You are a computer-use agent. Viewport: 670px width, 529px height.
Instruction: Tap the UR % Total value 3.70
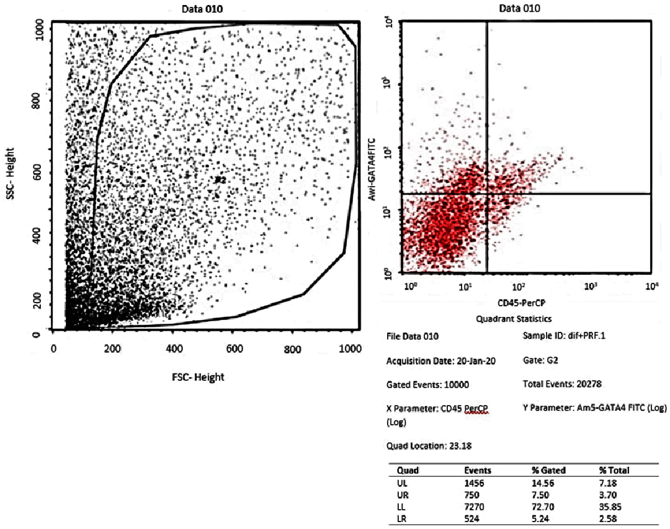coord(609,494)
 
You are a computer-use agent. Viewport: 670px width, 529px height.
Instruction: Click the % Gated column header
coord(548,470)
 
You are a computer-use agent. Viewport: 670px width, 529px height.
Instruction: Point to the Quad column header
coord(407,470)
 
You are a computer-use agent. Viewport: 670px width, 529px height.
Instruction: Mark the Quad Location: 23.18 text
coord(424,445)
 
